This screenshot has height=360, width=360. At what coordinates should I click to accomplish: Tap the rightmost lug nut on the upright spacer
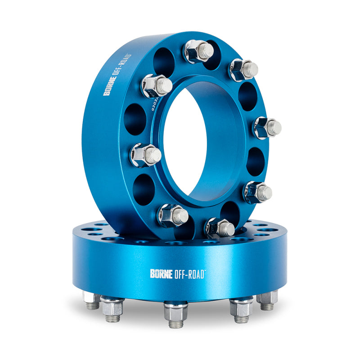point(267,127)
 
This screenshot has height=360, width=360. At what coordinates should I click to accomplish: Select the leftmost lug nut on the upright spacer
point(145,155)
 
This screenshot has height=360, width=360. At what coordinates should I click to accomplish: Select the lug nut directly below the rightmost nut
point(258,192)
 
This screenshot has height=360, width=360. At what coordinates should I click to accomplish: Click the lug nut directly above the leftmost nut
point(156,85)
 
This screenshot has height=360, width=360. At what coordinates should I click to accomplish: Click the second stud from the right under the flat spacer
point(241,308)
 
